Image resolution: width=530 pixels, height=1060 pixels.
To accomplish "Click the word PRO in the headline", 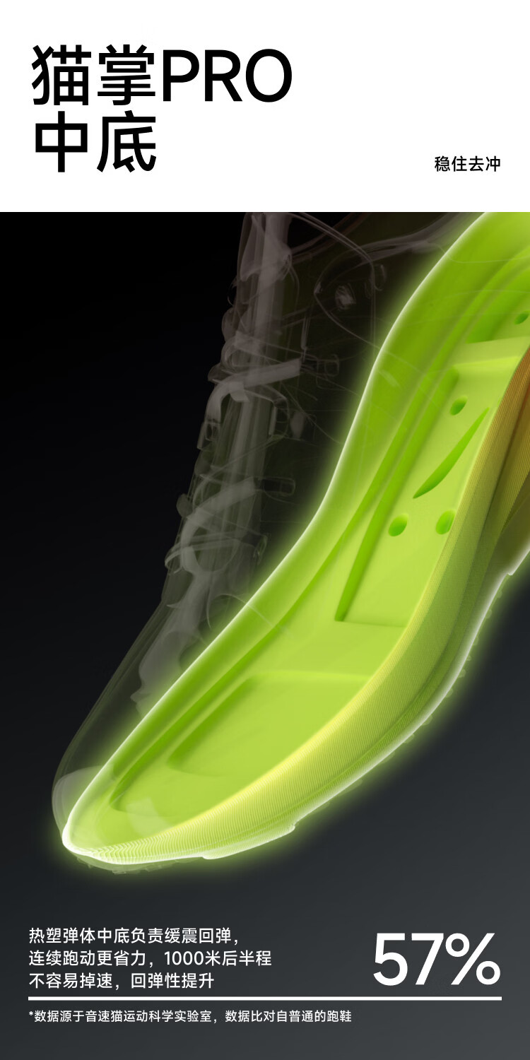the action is point(226,76).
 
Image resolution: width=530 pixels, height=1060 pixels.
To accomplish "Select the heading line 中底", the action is point(95,141).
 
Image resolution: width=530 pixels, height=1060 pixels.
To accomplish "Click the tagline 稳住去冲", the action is point(467,164).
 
